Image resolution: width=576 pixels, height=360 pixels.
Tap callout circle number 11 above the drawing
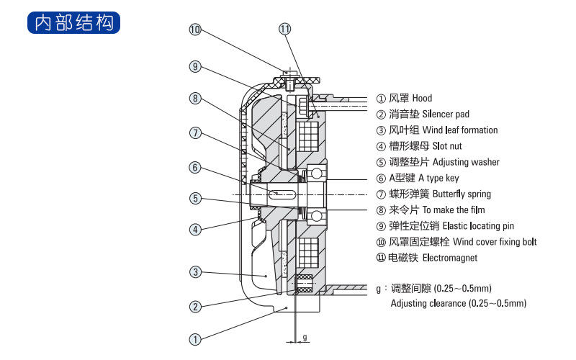pyautogui.click(x=284, y=30)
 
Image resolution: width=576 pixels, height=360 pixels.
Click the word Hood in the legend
pyautogui.click(x=422, y=98)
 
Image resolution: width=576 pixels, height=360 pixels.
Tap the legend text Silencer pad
pyautogui.click(x=446, y=114)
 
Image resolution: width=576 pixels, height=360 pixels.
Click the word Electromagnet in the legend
pyautogui.click(x=449, y=258)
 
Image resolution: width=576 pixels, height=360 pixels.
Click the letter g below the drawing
pyautogui.click(x=305, y=336)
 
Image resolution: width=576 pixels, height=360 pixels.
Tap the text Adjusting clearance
pyautogui.click(x=428, y=303)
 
